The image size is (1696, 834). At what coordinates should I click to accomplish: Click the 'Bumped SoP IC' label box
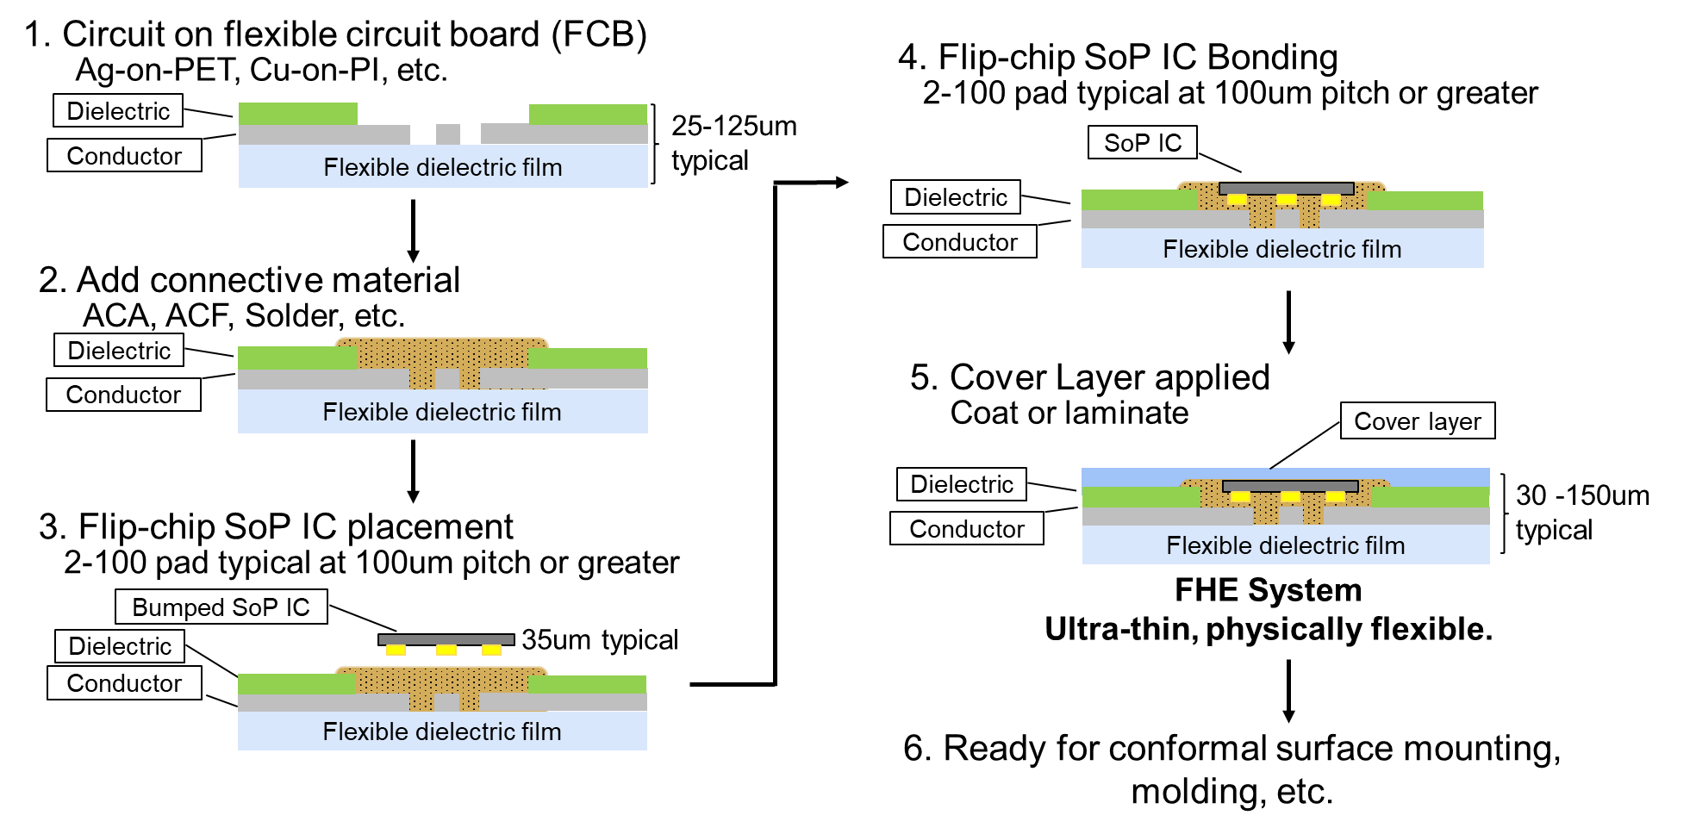(x=221, y=607)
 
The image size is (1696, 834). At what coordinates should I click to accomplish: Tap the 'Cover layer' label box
(x=1417, y=421)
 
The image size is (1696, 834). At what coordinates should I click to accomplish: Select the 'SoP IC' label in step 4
(x=1142, y=143)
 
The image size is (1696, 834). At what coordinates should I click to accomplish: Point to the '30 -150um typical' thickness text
(x=1581, y=512)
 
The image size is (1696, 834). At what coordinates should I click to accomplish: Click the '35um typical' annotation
(x=599, y=639)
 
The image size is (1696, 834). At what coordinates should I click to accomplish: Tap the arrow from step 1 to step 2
(x=413, y=230)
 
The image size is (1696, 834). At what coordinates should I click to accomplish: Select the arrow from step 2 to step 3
(x=413, y=470)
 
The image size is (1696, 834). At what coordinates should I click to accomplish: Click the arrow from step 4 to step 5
(x=1288, y=321)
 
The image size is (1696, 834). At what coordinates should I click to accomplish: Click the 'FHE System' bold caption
(x=1268, y=590)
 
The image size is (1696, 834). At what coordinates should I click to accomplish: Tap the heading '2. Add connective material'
(x=249, y=280)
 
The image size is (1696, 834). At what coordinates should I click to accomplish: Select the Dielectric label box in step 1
(x=118, y=111)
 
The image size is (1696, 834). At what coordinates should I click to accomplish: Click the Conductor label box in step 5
(x=966, y=528)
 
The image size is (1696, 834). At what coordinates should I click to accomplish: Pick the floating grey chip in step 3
(x=446, y=639)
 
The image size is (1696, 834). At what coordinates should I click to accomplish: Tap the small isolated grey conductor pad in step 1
(x=447, y=134)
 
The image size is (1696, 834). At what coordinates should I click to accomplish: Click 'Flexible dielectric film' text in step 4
(x=1281, y=249)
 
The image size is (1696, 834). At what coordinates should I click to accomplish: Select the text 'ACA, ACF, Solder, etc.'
(x=244, y=316)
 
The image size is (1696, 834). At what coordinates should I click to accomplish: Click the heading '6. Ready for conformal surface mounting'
(x=1231, y=749)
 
